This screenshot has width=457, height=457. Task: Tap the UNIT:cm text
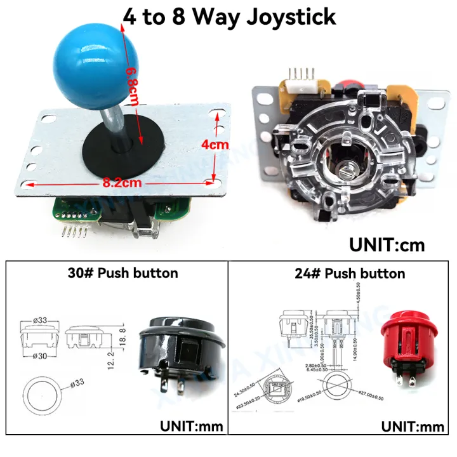(x=387, y=244)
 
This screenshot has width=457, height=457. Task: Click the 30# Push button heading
(x=123, y=274)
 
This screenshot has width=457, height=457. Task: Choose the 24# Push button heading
(x=350, y=274)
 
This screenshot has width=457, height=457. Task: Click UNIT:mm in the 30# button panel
(x=190, y=425)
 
